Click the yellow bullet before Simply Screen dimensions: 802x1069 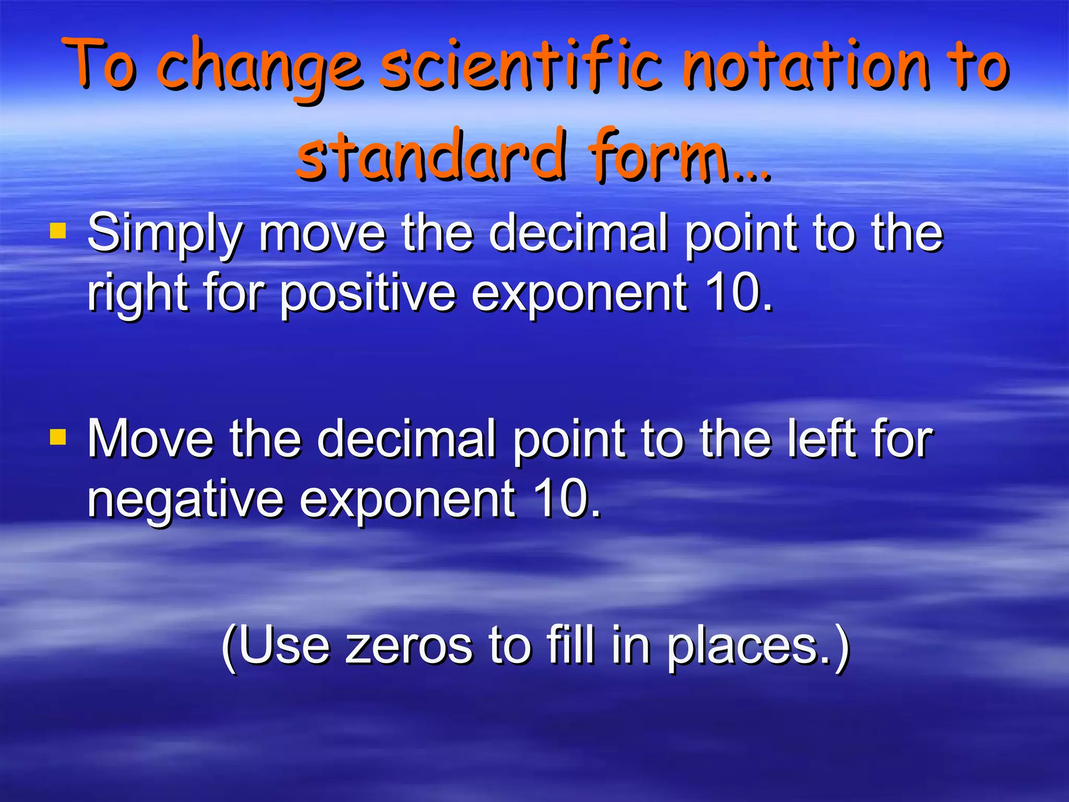pyautogui.click(x=58, y=230)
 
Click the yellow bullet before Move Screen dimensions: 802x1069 pyautogui.click(x=58, y=437)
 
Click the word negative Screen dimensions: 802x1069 pyautogui.click(x=185, y=500)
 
